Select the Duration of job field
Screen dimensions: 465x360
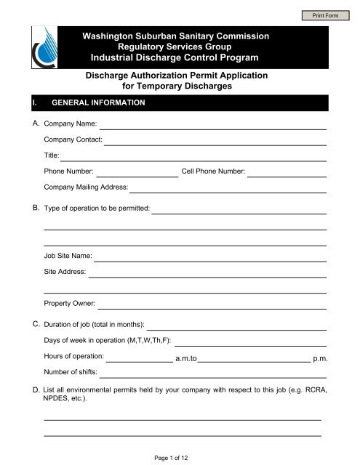tap(236, 324)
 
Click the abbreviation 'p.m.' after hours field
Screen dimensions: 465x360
tap(319, 358)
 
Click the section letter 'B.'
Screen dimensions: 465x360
tap(36, 209)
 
